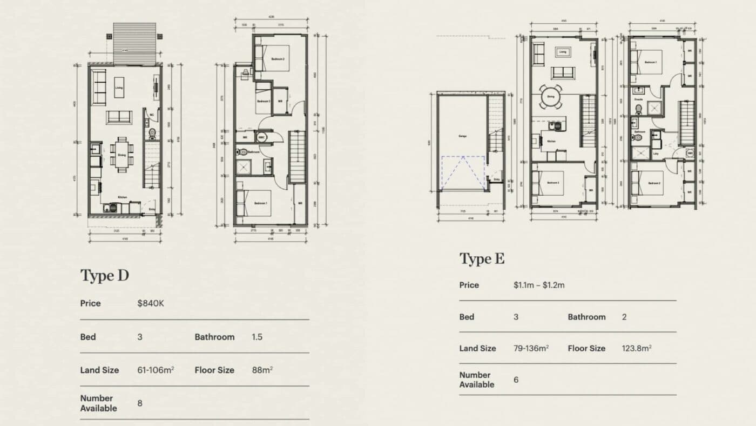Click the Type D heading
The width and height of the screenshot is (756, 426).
(x=105, y=276)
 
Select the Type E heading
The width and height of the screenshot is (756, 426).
(x=482, y=259)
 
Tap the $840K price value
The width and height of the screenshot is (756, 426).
(x=151, y=303)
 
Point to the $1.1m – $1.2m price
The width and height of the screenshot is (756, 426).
(x=539, y=285)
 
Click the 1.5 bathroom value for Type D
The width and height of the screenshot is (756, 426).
(x=257, y=337)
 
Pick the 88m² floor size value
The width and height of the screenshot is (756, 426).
(x=262, y=370)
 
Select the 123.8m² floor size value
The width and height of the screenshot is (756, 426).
(x=636, y=348)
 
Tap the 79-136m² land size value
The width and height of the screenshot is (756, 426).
(x=531, y=348)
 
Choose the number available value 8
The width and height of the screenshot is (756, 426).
(x=140, y=403)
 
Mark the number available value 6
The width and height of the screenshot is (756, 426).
(x=516, y=380)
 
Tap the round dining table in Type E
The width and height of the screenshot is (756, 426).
(x=551, y=97)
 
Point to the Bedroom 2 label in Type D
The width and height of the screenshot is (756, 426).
(x=278, y=58)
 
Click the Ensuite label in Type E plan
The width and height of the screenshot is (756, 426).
(x=638, y=99)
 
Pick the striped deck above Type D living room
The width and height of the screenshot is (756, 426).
(x=134, y=43)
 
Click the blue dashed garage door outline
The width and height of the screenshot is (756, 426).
(x=462, y=171)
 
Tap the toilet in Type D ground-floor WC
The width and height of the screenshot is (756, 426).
(x=152, y=132)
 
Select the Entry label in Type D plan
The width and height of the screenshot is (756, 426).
(x=152, y=209)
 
